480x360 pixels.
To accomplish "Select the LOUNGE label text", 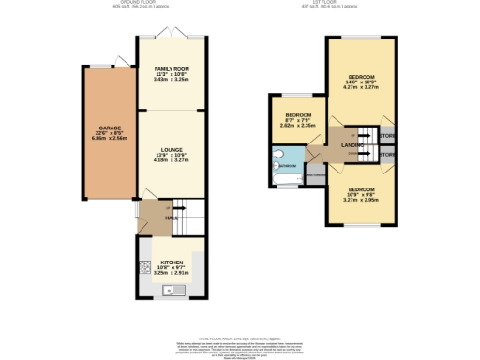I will [x=171, y=150].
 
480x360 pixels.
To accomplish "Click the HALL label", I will [x=172, y=217].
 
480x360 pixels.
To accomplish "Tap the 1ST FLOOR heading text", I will [x=357, y=4].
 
